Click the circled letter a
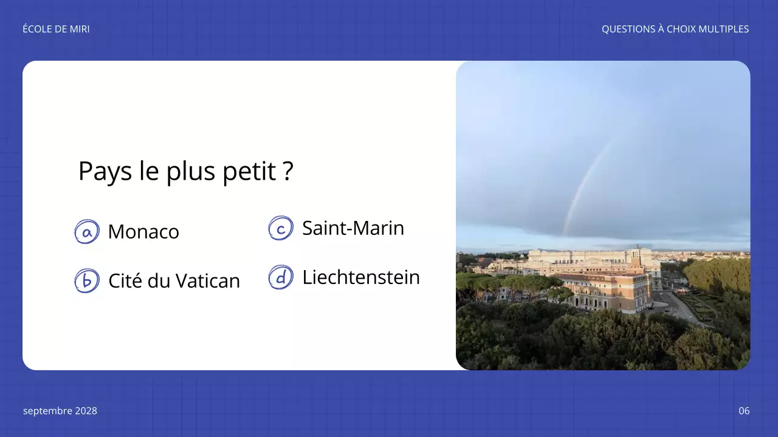87,232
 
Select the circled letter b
87,281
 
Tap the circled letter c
281,228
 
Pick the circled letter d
281,277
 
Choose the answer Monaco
143,232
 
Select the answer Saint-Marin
353,228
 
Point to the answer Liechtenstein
361,277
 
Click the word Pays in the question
105,172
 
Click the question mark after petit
288,172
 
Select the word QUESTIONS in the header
628,29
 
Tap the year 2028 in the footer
86,411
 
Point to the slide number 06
744,411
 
